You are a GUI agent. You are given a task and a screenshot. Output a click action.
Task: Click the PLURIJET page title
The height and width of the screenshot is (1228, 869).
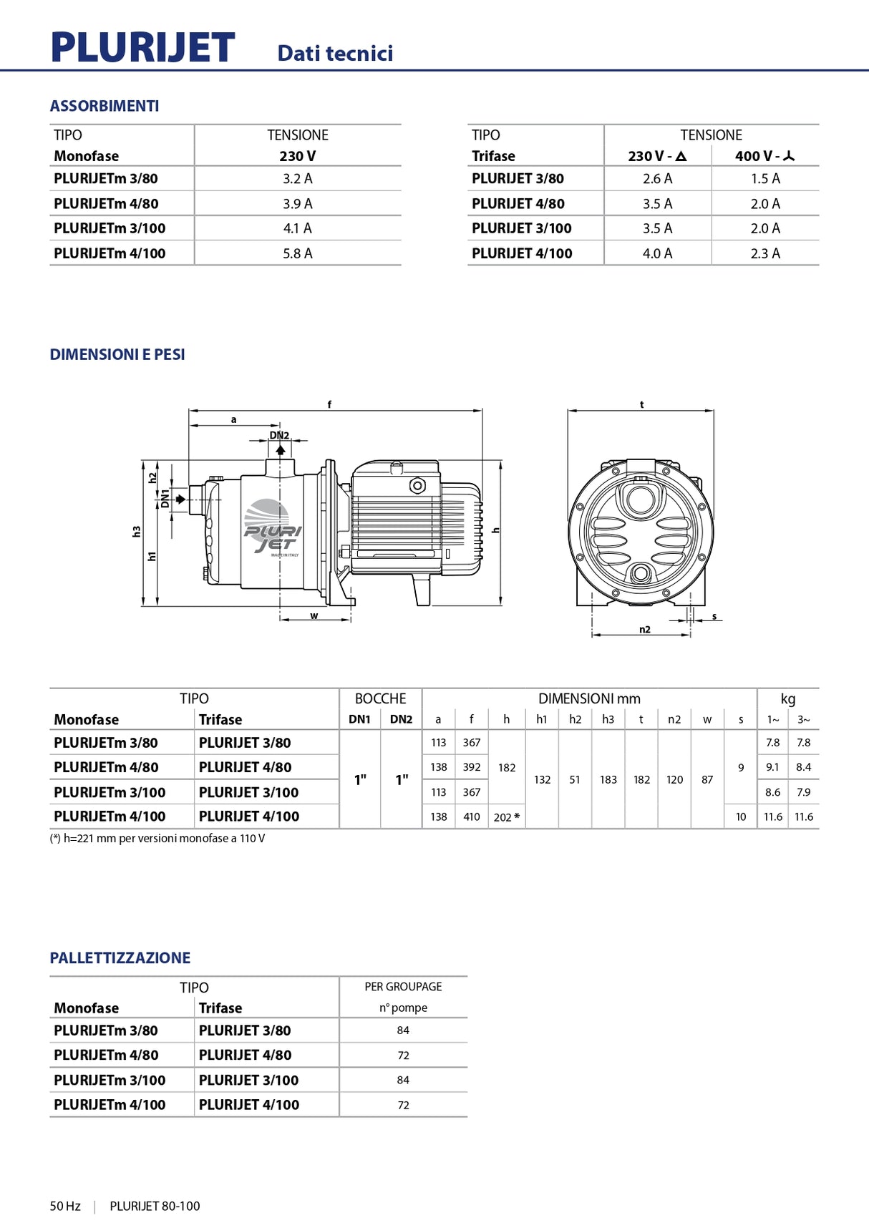[x=142, y=48]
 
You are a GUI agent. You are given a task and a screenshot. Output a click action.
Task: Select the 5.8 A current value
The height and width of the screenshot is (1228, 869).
[x=297, y=253]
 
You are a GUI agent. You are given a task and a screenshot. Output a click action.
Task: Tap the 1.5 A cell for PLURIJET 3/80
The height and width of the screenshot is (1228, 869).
[x=764, y=179]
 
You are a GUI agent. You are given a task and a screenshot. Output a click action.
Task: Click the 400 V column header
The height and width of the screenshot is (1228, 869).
[x=764, y=156]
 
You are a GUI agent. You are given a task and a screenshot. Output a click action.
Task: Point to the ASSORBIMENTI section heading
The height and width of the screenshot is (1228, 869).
[x=105, y=106]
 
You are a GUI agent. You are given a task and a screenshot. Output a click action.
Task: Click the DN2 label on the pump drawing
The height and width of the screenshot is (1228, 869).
[x=279, y=435]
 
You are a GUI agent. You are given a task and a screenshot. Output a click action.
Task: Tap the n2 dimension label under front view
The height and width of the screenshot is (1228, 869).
[x=644, y=630]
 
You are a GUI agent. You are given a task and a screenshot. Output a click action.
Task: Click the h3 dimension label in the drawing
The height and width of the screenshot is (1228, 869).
[x=137, y=532]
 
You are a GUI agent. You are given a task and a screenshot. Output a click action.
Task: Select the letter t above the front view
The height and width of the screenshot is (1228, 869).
[x=641, y=404]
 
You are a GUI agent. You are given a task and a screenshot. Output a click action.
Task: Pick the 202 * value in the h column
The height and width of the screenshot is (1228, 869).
[x=506, y=817]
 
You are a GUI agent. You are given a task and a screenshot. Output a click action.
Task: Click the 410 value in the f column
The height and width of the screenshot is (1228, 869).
[x=471, y=817]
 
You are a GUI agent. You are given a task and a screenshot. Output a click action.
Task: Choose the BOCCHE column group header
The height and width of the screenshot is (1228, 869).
[x=380, y=698]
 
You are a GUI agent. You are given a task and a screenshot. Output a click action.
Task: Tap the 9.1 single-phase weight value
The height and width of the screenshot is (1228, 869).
[x=772, y=767]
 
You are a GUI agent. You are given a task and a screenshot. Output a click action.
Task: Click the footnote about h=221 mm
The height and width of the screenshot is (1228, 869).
[x=157, y=838]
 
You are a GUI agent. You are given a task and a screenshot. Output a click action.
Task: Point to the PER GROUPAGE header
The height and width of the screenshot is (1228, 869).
[x=403, y=987]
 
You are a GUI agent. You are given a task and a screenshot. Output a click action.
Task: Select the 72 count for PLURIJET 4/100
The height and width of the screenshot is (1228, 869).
[x=403, y=1105]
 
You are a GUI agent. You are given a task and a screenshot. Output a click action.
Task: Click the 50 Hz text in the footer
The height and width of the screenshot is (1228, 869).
[x=65, y=1206]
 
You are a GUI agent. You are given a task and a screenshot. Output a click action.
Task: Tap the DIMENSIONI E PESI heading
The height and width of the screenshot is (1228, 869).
[x=117, y=354]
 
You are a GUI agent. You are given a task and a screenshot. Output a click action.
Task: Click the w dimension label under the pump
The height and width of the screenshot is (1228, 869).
[x=314, y=615]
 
